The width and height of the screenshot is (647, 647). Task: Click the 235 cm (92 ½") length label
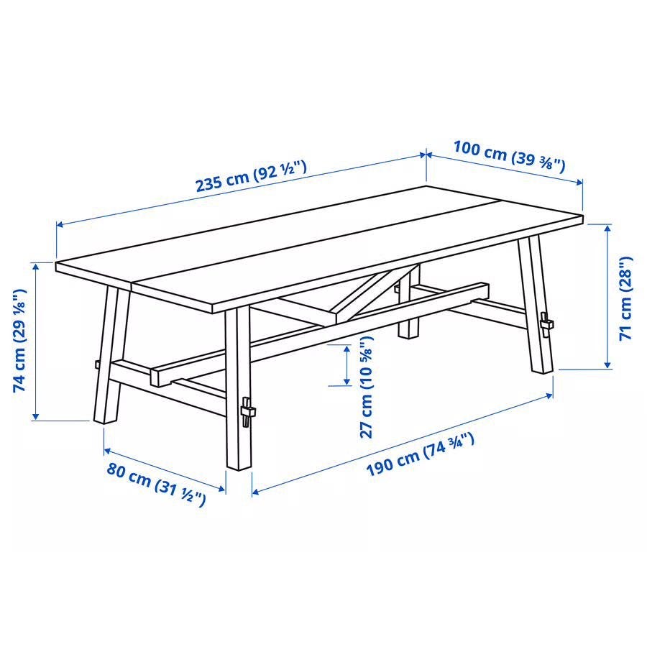point(251,176)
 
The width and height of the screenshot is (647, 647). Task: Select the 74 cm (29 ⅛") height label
point(20,341)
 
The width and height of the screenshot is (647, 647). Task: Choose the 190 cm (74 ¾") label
point(420,454)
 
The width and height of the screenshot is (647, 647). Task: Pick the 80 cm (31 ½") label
point(156,484)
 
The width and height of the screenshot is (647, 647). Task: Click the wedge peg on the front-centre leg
point(247,412)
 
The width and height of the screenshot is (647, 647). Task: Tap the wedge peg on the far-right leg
point(547,324)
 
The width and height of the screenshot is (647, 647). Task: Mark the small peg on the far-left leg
point(97,364)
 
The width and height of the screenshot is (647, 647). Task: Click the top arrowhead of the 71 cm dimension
point(607,228)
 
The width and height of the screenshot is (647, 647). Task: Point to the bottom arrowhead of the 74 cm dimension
point(36,416)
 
